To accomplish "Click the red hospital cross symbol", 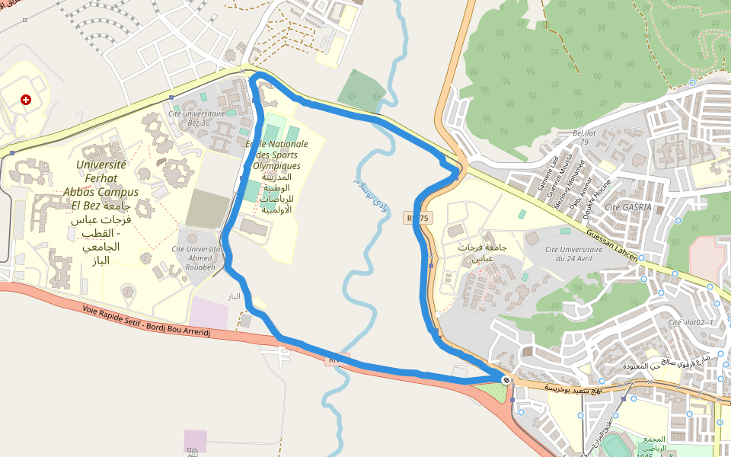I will [27, 100].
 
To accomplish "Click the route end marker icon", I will [506, 379].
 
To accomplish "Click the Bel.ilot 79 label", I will [585, 136].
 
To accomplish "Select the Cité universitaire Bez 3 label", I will [196, 117].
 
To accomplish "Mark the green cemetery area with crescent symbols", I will [362, 91].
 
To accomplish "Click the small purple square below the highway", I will [195, 441].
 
